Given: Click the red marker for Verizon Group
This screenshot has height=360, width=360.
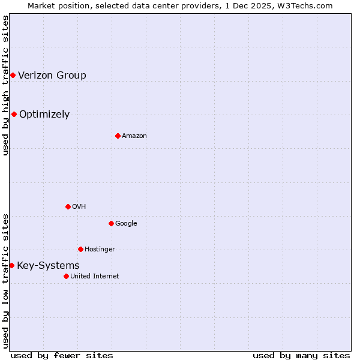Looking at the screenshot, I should tap(13, 75).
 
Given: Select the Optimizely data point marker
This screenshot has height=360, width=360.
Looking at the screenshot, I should tap(14, 114).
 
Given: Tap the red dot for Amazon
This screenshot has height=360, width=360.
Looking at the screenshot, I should tap(118, 136).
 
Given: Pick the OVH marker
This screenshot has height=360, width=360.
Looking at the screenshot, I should tap(68, 206).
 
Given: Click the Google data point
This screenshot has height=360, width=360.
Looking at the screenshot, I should tap(111, 223).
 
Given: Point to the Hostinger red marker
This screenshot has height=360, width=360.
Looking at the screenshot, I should tap(80, 249).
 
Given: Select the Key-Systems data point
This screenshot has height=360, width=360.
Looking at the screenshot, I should tap(11, 265).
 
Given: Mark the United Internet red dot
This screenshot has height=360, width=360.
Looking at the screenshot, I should tap(66, 276).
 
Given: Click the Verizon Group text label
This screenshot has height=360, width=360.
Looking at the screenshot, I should tap(52, 75).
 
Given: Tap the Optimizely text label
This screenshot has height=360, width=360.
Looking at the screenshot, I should tap(44, 114).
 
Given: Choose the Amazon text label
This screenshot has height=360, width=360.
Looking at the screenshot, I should tap(134, 136).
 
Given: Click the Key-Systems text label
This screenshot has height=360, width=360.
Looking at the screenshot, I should tap(48, 265).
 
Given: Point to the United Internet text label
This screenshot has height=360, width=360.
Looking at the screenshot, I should tap(94, 276).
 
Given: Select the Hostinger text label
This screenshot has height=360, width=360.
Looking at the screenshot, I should tap(100, 249).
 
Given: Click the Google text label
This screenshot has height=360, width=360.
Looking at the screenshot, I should tap(126, 223).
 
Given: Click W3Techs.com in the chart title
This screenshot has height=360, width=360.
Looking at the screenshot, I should tap(307, 5).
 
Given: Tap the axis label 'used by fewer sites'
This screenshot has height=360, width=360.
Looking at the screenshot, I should tap(62, 355).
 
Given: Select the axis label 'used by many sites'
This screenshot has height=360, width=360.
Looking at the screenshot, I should tap(301, 355).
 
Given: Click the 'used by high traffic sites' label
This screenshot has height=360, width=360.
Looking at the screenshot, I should tap(5, 86).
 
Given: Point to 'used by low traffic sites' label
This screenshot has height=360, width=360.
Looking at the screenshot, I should tap(5, 280).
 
